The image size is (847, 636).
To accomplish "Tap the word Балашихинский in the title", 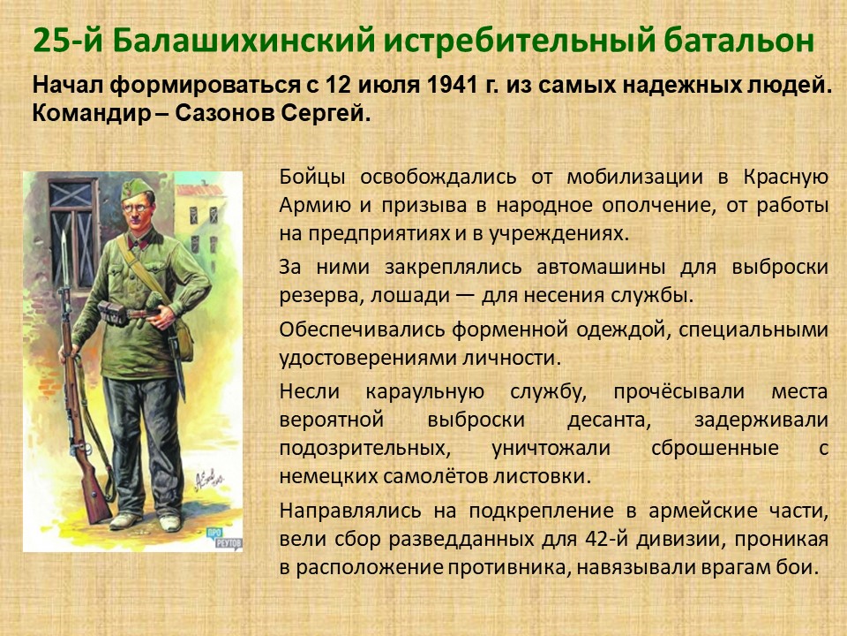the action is click(244, 42).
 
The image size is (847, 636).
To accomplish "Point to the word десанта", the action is click(609, 420).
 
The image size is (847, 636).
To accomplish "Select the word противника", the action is click(499, 568).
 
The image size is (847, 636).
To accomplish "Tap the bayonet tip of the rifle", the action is click(64, 233).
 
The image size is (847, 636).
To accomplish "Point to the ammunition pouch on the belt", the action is click(112, 313).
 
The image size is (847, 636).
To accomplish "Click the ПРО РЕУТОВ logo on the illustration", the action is click(223, 539).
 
